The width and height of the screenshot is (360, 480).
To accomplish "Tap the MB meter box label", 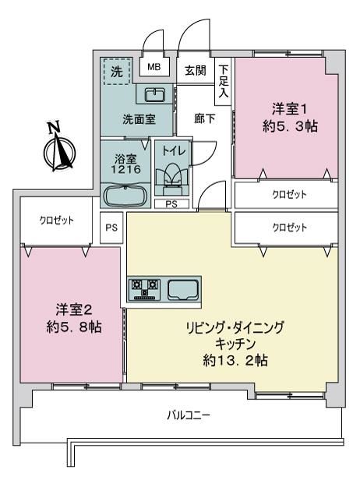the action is (154, 67).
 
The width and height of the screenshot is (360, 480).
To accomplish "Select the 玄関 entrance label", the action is (196, 71).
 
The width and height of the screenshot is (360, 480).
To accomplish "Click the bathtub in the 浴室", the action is (125, 196).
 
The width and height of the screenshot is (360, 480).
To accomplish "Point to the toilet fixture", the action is (171, 181).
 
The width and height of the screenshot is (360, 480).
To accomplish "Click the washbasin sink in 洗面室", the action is (154, 94).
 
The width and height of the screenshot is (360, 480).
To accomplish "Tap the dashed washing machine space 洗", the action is (117, 72).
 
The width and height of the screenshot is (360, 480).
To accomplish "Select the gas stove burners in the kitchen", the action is (146, 288).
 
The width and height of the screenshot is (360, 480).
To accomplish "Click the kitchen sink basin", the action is (183, 288).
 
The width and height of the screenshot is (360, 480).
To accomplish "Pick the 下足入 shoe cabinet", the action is (223, 81).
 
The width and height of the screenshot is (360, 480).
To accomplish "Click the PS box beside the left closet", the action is (111, 228).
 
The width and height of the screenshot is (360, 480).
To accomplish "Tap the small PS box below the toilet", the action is (171, 204).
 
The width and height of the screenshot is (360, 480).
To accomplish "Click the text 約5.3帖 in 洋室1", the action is (290, 126).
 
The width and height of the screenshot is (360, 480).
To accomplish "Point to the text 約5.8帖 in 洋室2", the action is (74, 327).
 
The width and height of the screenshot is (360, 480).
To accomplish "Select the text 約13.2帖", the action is (235, 360).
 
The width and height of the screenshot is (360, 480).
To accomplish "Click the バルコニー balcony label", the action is (189, 415).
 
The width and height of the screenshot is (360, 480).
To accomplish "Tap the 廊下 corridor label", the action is (204, 118).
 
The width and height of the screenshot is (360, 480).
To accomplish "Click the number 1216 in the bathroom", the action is (125, 169).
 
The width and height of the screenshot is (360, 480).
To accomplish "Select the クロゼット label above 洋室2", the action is (57, 220).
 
